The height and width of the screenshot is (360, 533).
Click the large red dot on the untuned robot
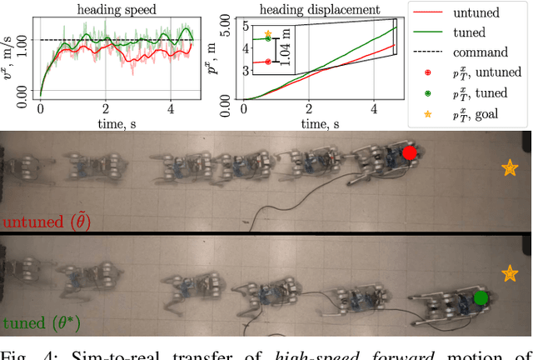click(409, 153)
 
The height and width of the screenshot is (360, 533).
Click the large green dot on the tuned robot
click(480, 297)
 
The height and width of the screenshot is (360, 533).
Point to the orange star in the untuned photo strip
click(509, 168)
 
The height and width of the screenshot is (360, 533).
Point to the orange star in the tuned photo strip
click(509, 272)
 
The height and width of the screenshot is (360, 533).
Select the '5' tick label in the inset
click(245, 25)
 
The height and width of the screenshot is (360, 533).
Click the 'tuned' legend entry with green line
click(466, 33)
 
